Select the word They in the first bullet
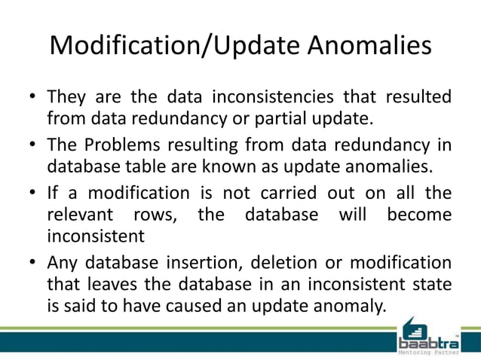click(x=68, y=98)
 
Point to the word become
click(x=419, y=215)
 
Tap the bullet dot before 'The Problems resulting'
click(x=32, y=145)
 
